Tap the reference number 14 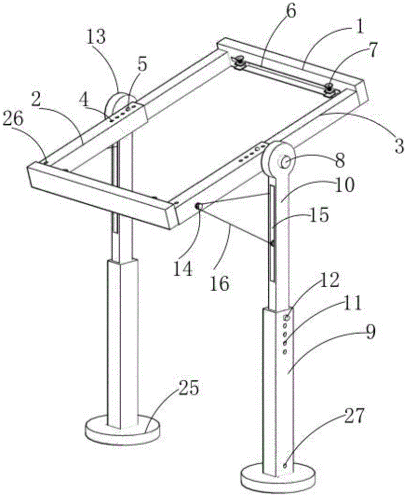click(182, 269)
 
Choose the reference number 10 click(344, 185)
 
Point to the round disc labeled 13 click(117, 102)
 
